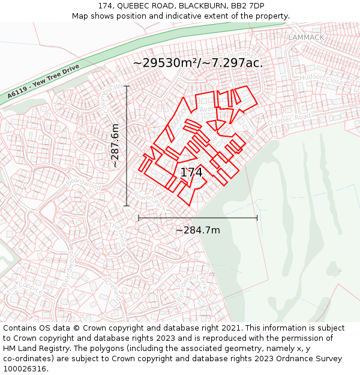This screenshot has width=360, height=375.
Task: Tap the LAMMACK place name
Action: click(305, 37)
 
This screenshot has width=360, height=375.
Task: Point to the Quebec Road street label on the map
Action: click(289, 119)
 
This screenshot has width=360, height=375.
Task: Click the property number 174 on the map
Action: click(191, 172)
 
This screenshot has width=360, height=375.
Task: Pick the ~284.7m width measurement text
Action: click(197, 230)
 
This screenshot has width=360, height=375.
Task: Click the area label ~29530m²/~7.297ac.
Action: click(197, 62)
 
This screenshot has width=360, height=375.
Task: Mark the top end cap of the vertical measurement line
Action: click(127, 86)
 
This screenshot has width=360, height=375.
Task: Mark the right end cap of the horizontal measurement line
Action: click(257, 218)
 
